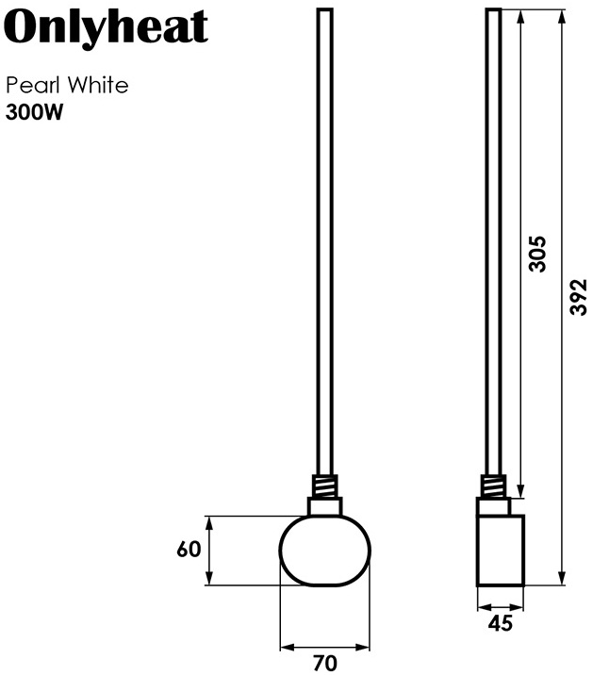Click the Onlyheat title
106,29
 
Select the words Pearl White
67,86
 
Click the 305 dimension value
537,253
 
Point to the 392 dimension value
579,297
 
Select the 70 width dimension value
324,664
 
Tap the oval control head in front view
325,551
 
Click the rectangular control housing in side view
500,550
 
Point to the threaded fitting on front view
324,486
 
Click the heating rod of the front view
324,236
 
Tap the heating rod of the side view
494,236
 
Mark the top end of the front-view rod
324,10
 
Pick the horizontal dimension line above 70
325,648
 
